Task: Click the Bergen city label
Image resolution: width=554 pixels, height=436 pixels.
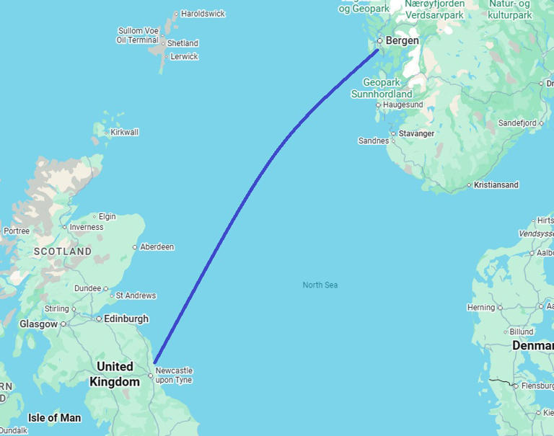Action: (x=402, y=41)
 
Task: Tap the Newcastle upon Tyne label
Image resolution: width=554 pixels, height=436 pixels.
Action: (x=174, y=375)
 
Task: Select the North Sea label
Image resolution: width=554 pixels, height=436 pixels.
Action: (x=320, y=285)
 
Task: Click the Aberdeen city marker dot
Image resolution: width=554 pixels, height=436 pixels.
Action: (x=135, y=247)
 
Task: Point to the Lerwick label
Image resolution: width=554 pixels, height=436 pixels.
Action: (x=184, y=56)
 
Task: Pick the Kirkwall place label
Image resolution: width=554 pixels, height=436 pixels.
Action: (x=125, y=133)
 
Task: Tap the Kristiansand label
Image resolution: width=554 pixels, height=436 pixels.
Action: (x=496, y=185)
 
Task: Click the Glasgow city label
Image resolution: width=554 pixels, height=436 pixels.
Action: (x=38, y=324)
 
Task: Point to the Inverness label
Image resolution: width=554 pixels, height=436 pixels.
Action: (x=87, y=227)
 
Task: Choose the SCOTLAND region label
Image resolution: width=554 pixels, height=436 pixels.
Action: (x=62, y=252)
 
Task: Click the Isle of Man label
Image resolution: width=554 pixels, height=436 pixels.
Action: (x=55, y=418)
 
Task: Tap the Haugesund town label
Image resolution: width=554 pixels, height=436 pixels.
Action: (x=403, y=104)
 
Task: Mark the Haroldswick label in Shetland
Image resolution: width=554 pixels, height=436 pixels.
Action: (x=203, y=14)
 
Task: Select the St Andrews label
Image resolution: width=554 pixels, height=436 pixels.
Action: (x=136, y=295)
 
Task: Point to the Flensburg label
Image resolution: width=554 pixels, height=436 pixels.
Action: (x=537, y=386)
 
